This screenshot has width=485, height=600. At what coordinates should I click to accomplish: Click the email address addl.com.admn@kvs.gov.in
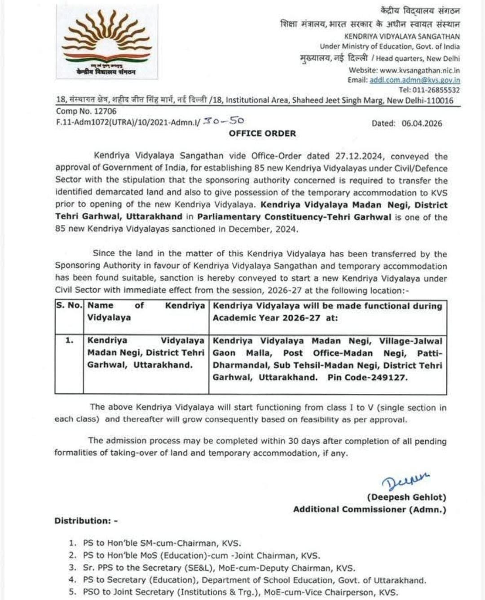click(x=414, y=80)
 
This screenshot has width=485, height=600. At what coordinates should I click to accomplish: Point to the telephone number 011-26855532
click(x=436, y=90)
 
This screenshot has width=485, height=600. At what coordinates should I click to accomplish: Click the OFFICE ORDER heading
click(x=262, y=133)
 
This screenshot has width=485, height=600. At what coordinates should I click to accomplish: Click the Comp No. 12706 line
click(x=86, y=111)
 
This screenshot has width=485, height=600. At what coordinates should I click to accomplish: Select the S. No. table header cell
click(x=69, y=305)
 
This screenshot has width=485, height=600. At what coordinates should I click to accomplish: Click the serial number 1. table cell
click(x=69, y=340)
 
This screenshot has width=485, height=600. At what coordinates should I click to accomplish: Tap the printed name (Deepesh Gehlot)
click(x=406, y=497)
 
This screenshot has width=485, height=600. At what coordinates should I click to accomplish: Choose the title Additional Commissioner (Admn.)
click(x=370, y=509)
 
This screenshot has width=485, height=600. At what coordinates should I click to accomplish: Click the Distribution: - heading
click(x=86, y=521)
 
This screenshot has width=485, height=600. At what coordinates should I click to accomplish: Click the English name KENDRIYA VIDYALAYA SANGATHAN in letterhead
click(x=402, y=36)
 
